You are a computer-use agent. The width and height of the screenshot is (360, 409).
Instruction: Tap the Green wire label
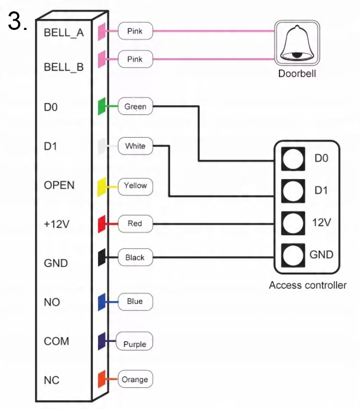pyautogui.click(x=135, y=107)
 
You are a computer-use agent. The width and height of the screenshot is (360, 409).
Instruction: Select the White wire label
pyautogui.click(x=135, y=146)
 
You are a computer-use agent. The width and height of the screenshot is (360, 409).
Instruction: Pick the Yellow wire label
pyautogui.click(x=135, y=186)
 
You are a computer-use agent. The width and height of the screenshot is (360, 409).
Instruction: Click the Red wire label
pyautogui.click(x=135, y=224)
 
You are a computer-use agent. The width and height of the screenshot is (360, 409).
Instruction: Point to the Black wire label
pyautogui.click(x=135, y=257)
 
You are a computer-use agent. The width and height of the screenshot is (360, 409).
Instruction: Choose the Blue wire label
pyautogui.click(x=135, y=302)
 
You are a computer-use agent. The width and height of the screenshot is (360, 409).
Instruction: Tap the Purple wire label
pyautogui.click(x=135, y=344)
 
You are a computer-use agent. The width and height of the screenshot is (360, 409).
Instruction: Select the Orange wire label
pyautogui.click(x=135, y=380)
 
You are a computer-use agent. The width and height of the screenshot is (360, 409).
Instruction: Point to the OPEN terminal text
pyautogui.click(x=59, y=185)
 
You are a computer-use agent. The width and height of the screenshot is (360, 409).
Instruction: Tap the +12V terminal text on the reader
pyautogui.click(x=57, y=224)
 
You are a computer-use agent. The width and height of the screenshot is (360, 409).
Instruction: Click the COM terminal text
pyautogui.click(x=57, y=341)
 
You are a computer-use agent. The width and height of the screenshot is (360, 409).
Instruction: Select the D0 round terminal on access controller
pyautogui.click(x=292, y=158)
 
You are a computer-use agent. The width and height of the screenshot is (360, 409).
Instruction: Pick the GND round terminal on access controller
pyautogui.click(x=292, y=255)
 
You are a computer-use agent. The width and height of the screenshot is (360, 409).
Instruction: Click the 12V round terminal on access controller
pyautogui.click(x=292, y=223)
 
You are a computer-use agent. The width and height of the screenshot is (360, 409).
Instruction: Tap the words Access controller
pyautogui.click(x=307, y=285)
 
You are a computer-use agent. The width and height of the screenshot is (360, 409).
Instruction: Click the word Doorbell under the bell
pyautogui.click(x=297, y=73)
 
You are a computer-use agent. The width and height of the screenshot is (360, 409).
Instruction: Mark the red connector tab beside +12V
pyautogui.click(x=102, y=224)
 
